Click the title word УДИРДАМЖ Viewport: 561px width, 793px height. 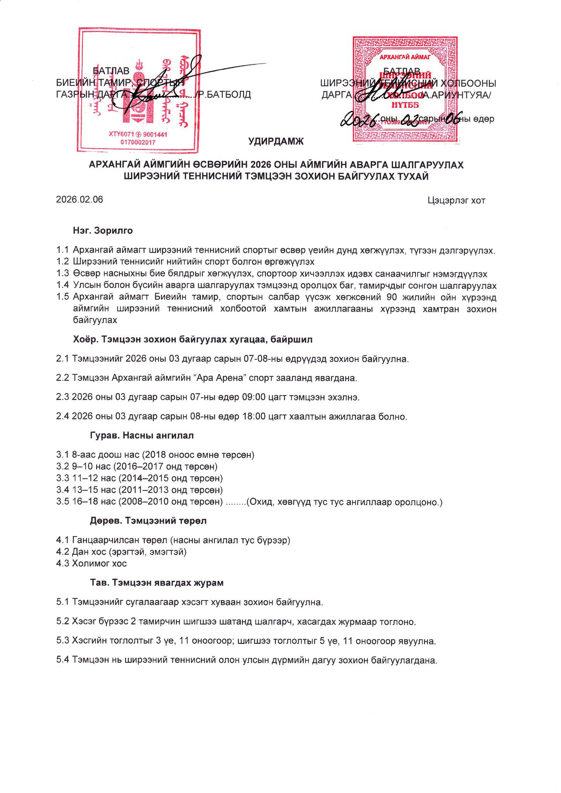[276, 141]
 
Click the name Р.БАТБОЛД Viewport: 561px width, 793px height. [225, 94]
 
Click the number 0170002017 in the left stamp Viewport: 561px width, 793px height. [138, 142]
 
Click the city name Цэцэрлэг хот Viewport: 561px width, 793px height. [456, 200]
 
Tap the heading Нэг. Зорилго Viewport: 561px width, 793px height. [103, 231]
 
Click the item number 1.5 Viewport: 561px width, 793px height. [62, 297]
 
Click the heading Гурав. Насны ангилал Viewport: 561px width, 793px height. [142, 435]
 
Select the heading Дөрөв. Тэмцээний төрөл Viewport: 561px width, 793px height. [148, 521]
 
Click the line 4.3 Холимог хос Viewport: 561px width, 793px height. [91, 563]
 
